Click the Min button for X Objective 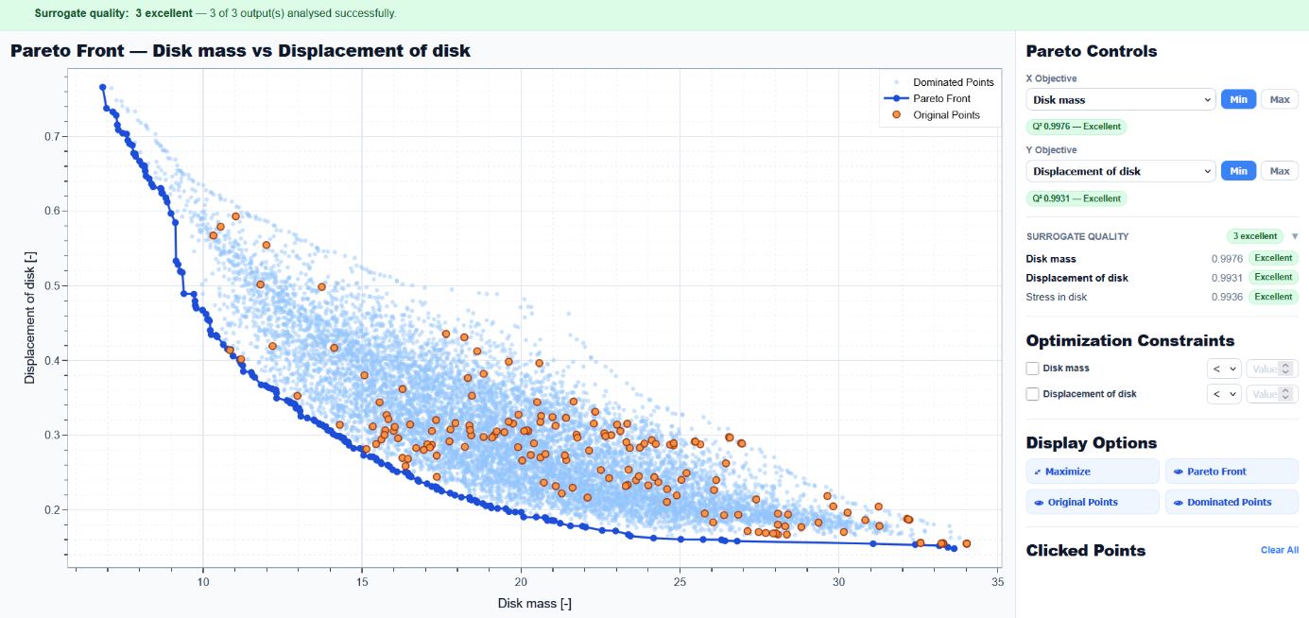coord(1238,99)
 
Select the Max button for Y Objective coord(1279,171)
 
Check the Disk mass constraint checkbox coord(1032,369)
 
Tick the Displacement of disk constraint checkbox coord(1032,394)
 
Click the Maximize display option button coord(1092,472)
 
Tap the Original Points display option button coord(1092,502)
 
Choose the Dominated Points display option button coord(1231,502)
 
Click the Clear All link coord(1279,550)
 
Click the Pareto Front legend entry coord(941,98)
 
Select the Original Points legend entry coord(946,115)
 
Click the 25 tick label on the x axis coord(680,583)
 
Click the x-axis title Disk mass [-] coord(534,603)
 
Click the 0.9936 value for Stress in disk coord(1227,297)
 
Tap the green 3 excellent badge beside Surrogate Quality coord(1255,236)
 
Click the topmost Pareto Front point coord(103,87)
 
